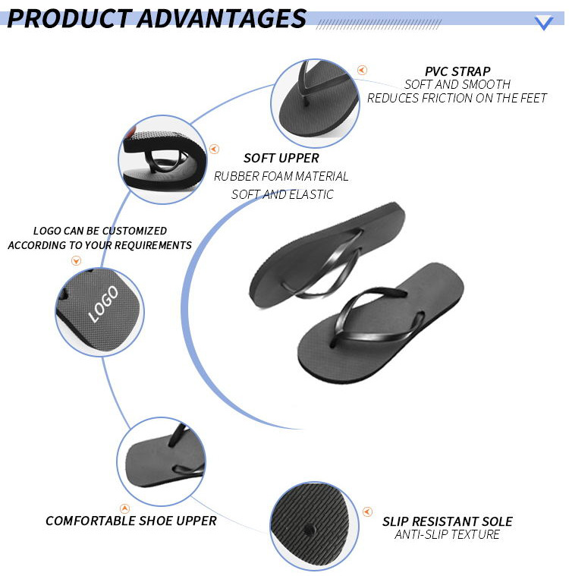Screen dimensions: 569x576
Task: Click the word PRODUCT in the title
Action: (x=70, y=18)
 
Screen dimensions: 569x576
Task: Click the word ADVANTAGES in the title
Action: (x=222, y=18)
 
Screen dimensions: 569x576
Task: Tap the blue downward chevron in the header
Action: (x=544, y=23)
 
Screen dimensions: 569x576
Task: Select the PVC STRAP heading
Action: (x=457, y=71)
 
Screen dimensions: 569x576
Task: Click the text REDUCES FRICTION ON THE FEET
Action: (x=457, y=98)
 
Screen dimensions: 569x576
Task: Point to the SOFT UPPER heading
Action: (x=281, y=158)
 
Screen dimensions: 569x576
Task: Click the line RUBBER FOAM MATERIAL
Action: (x=281, y=176)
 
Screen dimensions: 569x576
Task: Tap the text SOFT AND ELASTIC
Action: (x=282, y=194)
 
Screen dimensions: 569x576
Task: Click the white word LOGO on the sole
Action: (x=104, y=304)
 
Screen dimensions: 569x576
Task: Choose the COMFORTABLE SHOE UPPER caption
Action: (x=131, y=521)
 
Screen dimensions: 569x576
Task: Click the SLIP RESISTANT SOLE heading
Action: (x=448, y=521)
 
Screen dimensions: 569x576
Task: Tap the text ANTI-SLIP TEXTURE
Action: (x=447, y=534)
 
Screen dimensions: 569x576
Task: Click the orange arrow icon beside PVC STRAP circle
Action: (x=362, y=70)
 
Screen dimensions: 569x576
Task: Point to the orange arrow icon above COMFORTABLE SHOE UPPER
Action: (x=125, y=508)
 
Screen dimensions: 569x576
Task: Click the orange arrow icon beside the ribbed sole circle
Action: (x=367, y=511)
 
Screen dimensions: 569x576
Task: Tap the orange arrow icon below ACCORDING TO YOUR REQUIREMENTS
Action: (x=76, y=261)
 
